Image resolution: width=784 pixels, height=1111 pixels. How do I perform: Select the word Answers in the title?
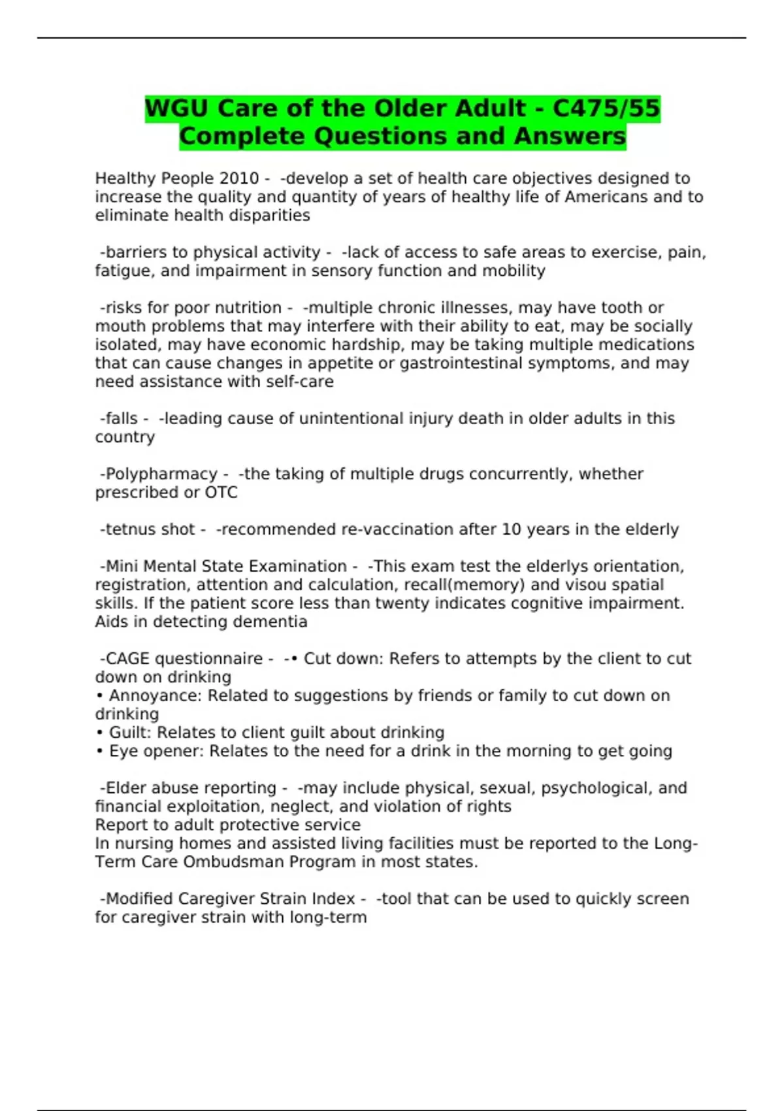coord(570,137)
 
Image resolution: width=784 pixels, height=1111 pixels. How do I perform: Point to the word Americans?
coord(605,197)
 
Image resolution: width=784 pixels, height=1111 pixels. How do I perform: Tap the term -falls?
coord(119,418)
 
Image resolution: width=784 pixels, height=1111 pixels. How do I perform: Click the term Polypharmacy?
coord(161,474)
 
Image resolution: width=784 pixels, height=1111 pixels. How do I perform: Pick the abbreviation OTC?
coord(221,492)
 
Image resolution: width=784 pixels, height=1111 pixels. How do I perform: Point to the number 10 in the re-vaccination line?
coord(512,529)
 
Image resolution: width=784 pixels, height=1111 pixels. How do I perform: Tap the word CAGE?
coord(127,659)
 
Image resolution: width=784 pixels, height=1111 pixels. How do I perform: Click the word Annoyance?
coord(155,695)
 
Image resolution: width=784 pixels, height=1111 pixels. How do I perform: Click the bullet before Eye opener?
coord(99,752)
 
